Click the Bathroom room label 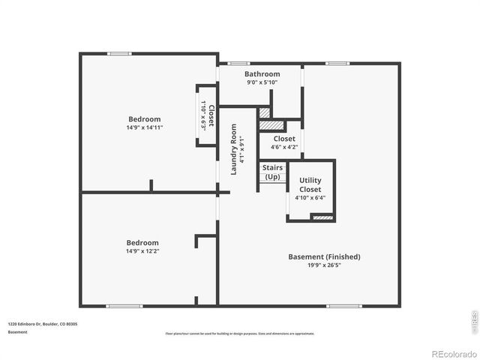pyautogui.click(x=262, y=74)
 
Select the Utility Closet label pyautogui.click(x=310, y=184)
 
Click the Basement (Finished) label pyautogui.click(x=324, y=256)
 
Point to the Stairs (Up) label pyautogui.click(x=271, y=172)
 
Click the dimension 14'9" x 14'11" pyautogui.click(x=144, y=128)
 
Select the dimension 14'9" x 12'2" pyautogui.click(x=142, y=251)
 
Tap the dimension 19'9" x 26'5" pyautogui.click(x=324, y=265)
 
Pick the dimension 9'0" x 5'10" pyautogui.click(x=262, y=82)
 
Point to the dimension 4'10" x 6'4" pyautogui.click(x=310, y=199)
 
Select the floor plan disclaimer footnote pyautogui.click(x=240, y=334)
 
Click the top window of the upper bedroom pyautogui.click(x=119, y=53)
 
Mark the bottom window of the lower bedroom pyautogui.click(x=124, y=305)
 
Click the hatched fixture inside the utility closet pyautogui.click(x=322, y=217)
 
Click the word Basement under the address pyautogui.click(x=18, y=331)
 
